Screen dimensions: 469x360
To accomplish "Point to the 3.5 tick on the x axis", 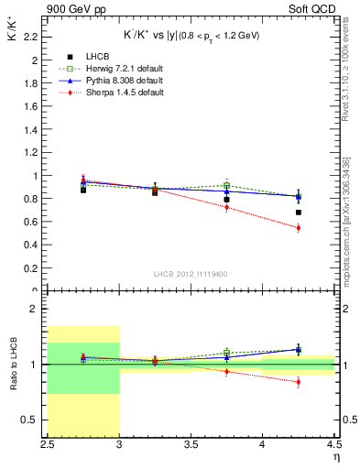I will tap(191, 445).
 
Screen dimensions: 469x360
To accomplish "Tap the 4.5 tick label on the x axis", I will tap(333, 445).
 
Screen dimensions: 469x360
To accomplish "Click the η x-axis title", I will tap(336, 457).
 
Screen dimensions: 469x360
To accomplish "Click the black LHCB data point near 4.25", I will tap(299, 213).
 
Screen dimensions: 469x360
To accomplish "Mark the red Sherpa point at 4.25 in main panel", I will tap(299, 228).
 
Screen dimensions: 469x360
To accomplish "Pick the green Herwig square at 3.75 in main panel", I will tap(227, 186).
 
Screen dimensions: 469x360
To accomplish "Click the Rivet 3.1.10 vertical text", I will tap(347, 78).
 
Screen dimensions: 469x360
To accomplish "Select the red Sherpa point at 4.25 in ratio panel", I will tap(299, 382).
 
